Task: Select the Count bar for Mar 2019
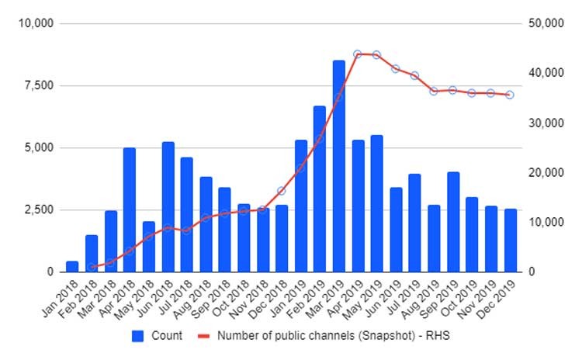338,166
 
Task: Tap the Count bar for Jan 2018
72,267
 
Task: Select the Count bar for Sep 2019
453,222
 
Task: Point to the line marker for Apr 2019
358,54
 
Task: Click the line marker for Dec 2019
510,95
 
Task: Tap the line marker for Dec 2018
282,191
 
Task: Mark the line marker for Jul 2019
415,76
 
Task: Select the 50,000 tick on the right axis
544,23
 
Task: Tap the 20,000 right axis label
544,172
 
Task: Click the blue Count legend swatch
139,336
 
